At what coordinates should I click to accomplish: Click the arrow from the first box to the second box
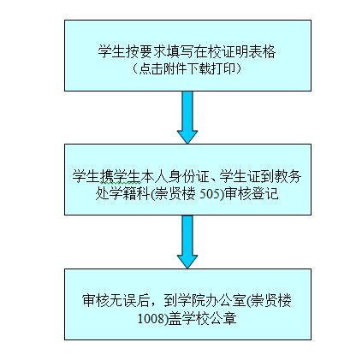(187, 117)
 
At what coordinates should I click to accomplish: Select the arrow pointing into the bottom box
(187, 242)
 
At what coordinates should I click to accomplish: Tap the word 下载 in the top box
(199, 68)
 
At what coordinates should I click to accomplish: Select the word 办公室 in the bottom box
(225, 301)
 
